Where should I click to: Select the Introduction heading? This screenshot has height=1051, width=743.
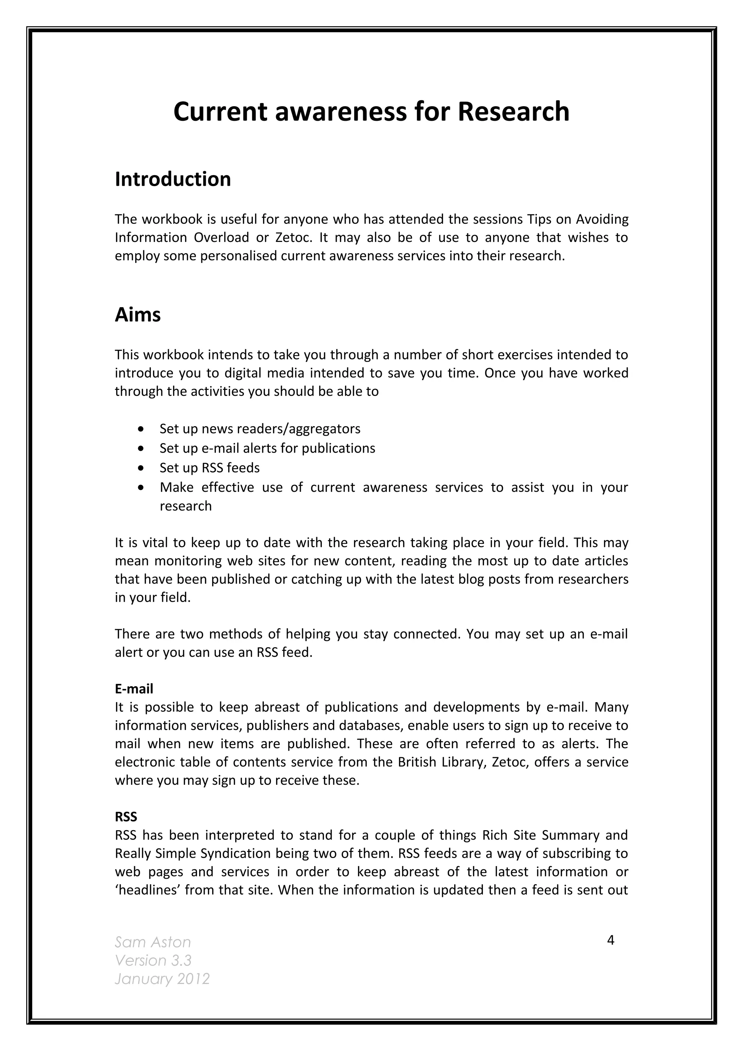pos(173,179)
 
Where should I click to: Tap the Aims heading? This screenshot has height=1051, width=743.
pos(137,315)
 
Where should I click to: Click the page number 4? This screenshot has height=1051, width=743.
pos(610,940)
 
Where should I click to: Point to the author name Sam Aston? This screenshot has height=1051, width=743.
pos(152,942)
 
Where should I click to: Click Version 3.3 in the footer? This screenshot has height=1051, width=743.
pos(153,960)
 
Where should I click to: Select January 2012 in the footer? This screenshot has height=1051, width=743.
pos(162,979)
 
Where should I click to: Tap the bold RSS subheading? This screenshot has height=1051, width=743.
pos(126,817)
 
